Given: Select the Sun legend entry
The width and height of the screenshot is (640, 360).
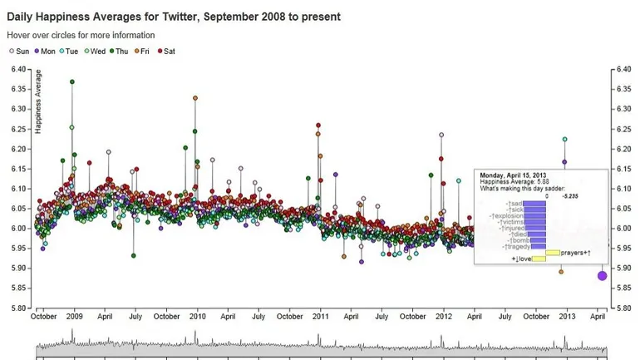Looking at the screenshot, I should coord(19,52).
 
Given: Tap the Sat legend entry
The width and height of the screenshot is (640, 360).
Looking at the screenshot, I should coord(166,52).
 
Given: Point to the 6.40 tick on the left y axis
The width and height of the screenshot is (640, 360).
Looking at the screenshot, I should coord(19,69).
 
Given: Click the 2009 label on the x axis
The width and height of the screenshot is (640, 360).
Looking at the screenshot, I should coord(74,317).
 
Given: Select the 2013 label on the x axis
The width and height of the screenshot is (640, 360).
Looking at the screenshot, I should coord(569,317).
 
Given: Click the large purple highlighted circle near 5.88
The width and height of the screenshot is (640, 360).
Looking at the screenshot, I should coord(602,276).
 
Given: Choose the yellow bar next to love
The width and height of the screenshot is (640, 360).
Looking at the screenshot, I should coord(538,259).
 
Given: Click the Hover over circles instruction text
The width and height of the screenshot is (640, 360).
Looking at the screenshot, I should coord(81,36).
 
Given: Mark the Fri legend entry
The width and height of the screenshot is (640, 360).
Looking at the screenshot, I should coord(144,52).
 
